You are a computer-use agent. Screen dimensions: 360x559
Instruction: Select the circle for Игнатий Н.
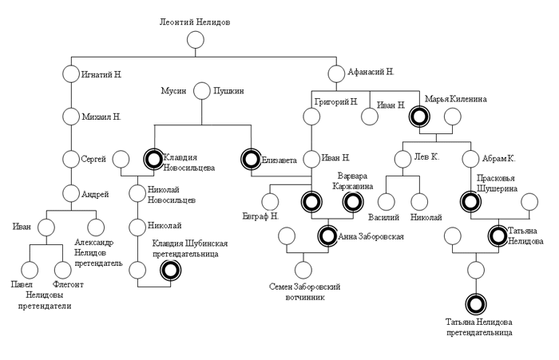[x=71, y=75]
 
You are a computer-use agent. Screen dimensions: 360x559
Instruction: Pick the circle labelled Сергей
[x=71, y=159]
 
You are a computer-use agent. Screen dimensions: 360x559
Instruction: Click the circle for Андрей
[x=71, y=193]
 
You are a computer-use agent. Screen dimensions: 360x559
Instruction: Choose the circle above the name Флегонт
[x=62, y=270]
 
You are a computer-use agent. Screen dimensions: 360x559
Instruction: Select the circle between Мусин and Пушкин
[x=201, y=92]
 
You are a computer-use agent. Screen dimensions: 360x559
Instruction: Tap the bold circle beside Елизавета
[x=252, y=159]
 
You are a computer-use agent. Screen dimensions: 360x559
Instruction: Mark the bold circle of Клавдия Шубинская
[x=169, y=270]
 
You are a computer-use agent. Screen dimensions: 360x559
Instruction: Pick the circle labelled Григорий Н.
[x=311, y=117]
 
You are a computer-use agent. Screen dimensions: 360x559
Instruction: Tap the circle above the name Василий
[x=387, y=202]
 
